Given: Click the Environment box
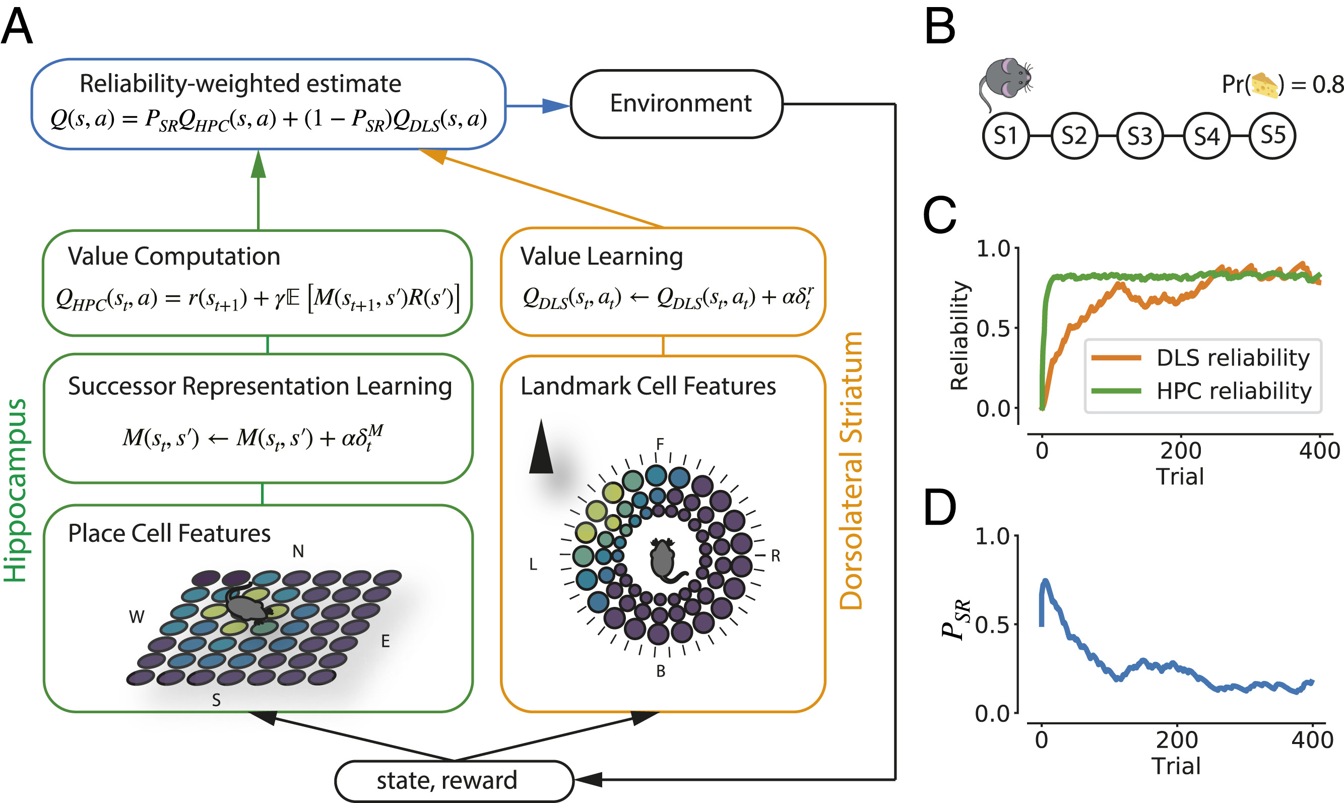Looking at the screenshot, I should (x=677, y=104).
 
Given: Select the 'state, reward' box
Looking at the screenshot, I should (x=453, y=780).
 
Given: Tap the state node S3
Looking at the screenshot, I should (x=1139, y=136).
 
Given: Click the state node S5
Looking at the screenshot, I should (x=1272, y=135).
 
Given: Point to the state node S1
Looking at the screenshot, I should (x=1005, y=136).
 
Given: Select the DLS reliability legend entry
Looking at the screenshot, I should (x=1201, y=358).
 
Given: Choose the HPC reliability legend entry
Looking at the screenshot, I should (x=1201, y=391).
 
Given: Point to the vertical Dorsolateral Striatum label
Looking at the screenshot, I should (x=851, y=471).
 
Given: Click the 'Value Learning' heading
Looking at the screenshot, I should (x=601, y=257).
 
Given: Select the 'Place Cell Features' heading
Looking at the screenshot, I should (x=169, y=533).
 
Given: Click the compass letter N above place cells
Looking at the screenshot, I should (x=298, y=551).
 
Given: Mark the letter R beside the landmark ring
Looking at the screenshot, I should (x=775, y=555).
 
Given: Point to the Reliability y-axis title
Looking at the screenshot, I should (x=959, y=336).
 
